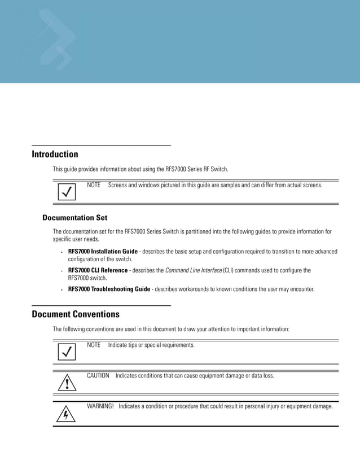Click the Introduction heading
(x=55, y=154)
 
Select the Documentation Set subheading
(x=74, y=217)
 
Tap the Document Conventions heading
(x=76, y=314)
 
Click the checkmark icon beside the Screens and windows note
(x=67, y=192)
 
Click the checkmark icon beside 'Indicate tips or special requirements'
(x=67, y=353)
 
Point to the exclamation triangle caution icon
(x=67, y=384)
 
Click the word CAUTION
(x=98, y=375)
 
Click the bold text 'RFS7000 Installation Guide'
(x=103, y=252)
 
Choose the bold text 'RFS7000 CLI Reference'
(x=98, y=270)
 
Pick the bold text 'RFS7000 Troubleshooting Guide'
(x=109, y=289)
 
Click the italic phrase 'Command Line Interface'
(x=194, y=270)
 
